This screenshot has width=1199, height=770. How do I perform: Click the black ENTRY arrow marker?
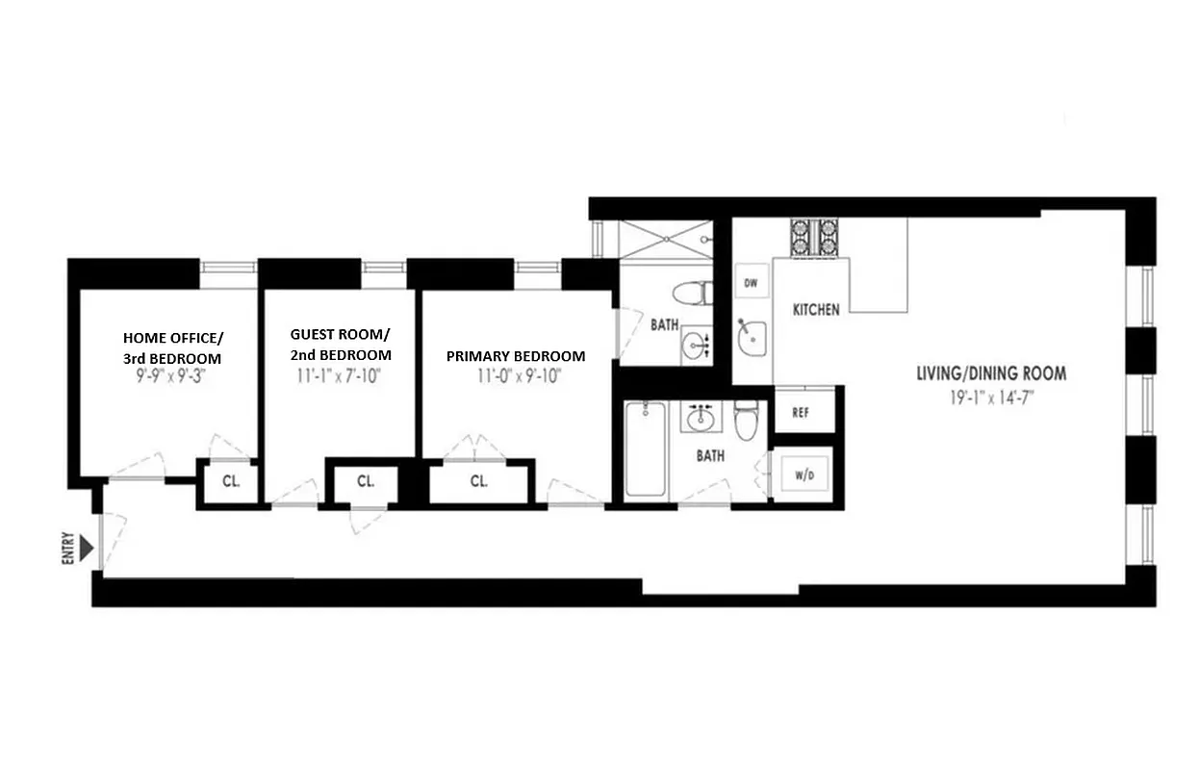(x=88, y=549)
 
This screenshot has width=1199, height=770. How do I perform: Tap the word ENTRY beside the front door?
(x=67, y=549)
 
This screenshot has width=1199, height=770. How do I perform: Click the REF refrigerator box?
(x=800, y=412)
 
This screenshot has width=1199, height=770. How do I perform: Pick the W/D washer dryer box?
(x=804, y=475)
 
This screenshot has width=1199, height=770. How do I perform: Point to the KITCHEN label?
(x=816, y=310)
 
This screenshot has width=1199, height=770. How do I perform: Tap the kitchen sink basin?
(x=751, y=337)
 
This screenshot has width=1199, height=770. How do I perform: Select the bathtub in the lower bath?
(x=645, y=450)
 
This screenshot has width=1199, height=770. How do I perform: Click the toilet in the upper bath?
(x=691, y=292)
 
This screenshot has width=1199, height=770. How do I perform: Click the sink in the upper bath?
(x=695, y=344)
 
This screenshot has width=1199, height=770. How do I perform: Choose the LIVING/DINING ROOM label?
(x=990, y=373)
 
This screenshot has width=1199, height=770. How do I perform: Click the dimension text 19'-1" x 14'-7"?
(x=990, y=396)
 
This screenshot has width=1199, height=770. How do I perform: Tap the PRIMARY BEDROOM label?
(x=516, y=356)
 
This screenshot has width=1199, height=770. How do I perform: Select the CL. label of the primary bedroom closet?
(x=479, y=481)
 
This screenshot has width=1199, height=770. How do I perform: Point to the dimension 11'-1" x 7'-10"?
(x=341, y=376)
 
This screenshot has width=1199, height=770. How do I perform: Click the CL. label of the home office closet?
(x=231, y=481)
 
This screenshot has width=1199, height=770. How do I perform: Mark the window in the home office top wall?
(x=228, y=268)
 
